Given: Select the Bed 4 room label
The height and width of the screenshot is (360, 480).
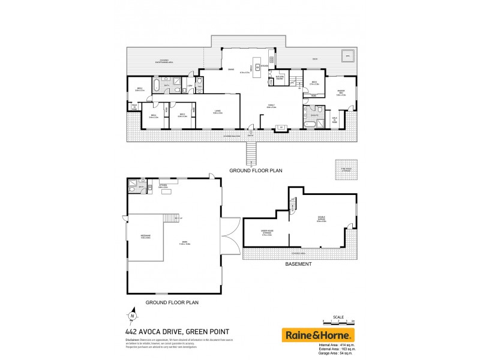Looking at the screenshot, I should [x=154, y=116].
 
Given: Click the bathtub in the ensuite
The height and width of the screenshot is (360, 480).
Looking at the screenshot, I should [x=310, y=125].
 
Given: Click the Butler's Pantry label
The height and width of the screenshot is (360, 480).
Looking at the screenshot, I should [x=280, y=78].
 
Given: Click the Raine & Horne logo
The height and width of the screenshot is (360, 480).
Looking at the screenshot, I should [x=318, y=335].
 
